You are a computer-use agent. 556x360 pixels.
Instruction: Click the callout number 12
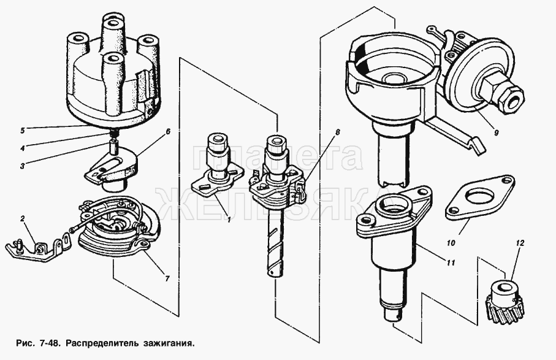(520, 243)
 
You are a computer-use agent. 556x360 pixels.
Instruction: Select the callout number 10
(451, 243)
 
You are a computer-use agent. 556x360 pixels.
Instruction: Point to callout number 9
(496, 133)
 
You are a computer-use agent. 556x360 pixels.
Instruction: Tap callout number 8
(337, 132)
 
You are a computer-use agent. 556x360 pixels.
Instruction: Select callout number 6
(168, 132)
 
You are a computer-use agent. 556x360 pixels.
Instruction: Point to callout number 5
(22, 131)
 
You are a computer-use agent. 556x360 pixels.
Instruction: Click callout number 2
(22, 219)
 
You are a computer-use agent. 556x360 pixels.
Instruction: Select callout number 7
(167, 279)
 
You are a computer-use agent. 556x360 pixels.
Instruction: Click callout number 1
(229, 220)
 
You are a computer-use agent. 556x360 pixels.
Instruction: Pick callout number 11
(451, 263)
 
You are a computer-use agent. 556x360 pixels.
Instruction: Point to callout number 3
(22, 166)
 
